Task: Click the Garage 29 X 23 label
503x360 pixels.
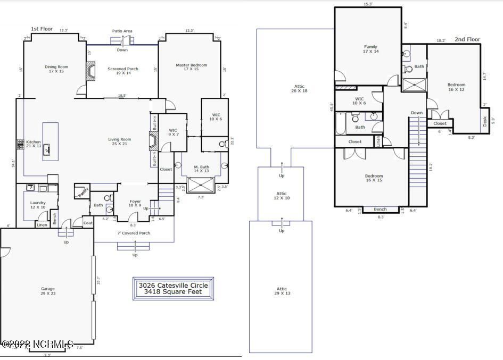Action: (48, 291)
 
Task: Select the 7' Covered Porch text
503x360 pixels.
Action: (134, 233)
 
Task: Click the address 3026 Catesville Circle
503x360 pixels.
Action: (173, 285)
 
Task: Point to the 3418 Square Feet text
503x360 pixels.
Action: (173, 292)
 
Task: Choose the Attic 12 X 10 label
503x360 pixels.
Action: (281, 196)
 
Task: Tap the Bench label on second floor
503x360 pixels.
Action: (380, 210)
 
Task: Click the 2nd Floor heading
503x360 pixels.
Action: (467, 39)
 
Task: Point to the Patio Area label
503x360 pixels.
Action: (122, 31)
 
